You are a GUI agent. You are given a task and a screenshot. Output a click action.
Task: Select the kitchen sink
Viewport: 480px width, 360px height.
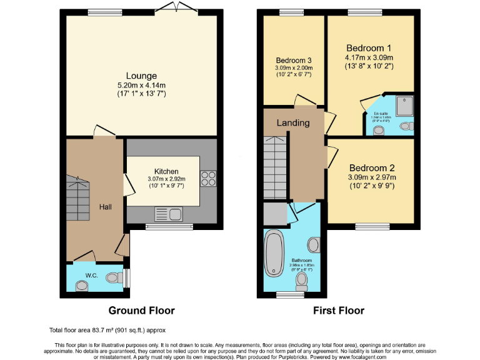pos(168,214)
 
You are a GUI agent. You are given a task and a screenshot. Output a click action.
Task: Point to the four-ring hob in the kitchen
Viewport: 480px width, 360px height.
pos(208,179)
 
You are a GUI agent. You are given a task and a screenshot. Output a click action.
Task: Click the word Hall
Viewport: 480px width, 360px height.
pos(104,206)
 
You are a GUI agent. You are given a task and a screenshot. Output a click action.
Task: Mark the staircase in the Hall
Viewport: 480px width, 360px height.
pos(79,194)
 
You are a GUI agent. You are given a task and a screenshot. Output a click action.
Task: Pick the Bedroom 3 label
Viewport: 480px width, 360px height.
pos(294,60)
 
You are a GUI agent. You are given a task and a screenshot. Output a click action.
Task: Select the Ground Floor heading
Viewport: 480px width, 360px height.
pos(141,310)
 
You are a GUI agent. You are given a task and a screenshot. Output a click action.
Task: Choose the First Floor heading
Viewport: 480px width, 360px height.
pos(339,310)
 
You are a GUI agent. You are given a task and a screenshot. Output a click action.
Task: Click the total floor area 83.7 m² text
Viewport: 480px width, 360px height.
pos(107,329)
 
